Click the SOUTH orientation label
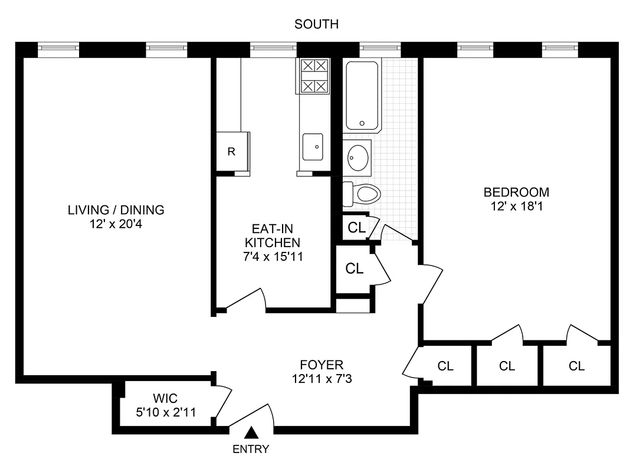[x=316, y=24]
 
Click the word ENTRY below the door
[x=251, y=450]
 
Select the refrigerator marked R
[x=232, y=152]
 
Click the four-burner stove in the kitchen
[x=314, y=76]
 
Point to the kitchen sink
[x=313, y=147]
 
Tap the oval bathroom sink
[x=358, y=158]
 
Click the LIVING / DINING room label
[x=116, y=209]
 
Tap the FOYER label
[x=322, y=365]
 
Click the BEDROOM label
[x=516, y=192]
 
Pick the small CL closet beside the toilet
[x=356, y=228]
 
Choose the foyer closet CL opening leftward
[x=445, y=366]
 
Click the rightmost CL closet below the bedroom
[x=576, y=366]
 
